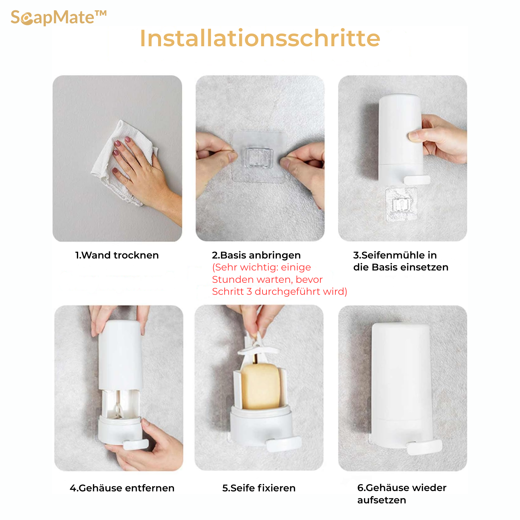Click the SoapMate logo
pos(59,18)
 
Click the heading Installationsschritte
pos(260,38)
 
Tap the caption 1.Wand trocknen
pos(117,255)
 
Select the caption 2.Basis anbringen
pos(256,255)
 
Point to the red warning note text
pos(279,279)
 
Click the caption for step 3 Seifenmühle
pos(401,261)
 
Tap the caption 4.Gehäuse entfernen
pos(122,488)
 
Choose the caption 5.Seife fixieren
pos(259,488)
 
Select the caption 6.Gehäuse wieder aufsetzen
pos(402,494)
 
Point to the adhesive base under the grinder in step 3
pos(401,204)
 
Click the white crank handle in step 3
pos(417,180)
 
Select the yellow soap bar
pos(260,386)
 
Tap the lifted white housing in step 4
pos(120,355)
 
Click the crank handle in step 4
pos(136,444)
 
